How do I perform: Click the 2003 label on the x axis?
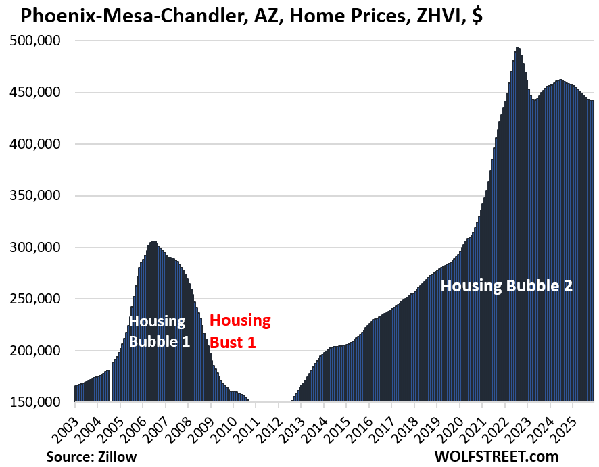[64, 424]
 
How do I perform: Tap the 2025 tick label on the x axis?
[562, 424]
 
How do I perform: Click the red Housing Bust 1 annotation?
[239, 330]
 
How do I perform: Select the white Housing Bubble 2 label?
[506, 285]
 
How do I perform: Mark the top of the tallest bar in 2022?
[518, 48]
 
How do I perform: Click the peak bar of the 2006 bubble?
[153, 241]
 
